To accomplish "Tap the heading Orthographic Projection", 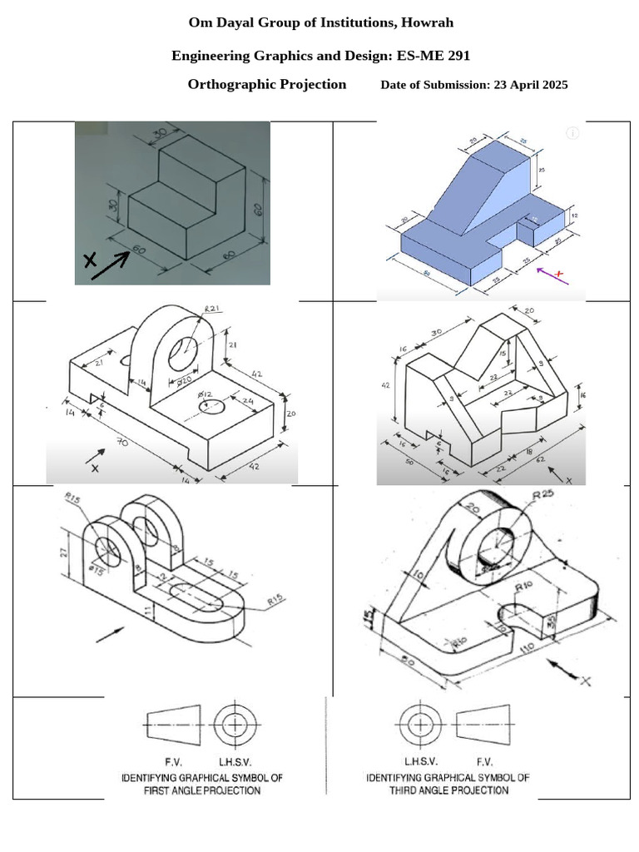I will (266, 84).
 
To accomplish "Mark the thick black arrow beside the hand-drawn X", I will (111, 265).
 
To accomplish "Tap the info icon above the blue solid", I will (572, 133).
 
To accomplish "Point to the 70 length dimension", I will (123, 443).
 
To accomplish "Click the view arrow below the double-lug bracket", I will (111, 633).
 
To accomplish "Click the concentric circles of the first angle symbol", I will (235, 724).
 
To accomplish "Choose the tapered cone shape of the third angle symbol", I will (483, 724).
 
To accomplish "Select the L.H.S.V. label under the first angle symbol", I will (235, 761).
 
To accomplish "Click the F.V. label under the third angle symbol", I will (484, 761).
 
